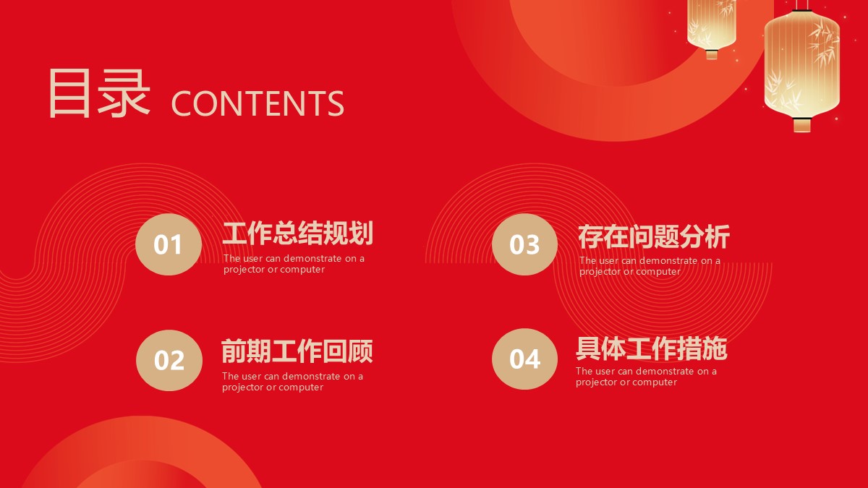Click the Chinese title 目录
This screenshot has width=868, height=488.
click(99, 93)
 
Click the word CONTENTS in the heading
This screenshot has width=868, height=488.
click(258, 103)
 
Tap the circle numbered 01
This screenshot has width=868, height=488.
click(169, 244)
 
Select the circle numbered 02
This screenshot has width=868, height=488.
click(169, 360)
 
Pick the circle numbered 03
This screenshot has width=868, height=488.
click(524, 244)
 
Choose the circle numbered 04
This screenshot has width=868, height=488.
click(524, 359)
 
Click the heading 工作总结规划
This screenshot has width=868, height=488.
click(297, 233)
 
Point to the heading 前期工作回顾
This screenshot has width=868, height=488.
click(297, 351)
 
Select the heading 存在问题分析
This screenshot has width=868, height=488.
click(654, 236)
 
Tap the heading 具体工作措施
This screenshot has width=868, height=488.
click(652, 348)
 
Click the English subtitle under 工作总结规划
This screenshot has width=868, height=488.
click(294, 264)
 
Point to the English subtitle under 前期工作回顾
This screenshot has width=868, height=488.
click(292, 382)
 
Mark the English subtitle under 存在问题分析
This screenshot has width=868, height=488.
click(650, 266)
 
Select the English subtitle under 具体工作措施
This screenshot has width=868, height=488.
click(646, 377)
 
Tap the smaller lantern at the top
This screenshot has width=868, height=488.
click(712, 27)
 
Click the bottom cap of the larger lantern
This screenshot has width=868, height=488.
click(801, 124)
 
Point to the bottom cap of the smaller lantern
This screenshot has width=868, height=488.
click(712, 55)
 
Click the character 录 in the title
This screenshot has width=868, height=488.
click(124, 93)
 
